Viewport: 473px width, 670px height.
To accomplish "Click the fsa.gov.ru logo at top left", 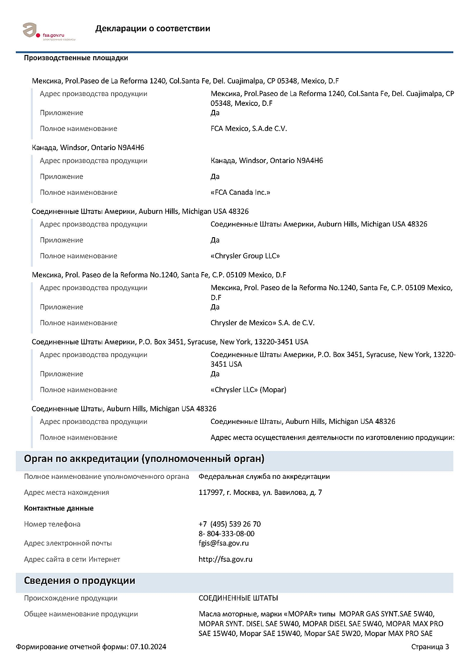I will [48, 31].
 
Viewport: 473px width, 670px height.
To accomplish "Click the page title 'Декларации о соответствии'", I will [153, 29].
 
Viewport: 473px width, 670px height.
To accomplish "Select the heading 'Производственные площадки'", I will [76, 58].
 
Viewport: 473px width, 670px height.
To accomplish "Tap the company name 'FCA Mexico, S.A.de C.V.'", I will [249, 129].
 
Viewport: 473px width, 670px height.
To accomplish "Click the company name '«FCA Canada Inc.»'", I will [240, 193].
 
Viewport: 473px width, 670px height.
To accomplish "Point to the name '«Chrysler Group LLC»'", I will [245, 256].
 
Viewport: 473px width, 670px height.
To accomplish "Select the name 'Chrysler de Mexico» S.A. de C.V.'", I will [262, 323].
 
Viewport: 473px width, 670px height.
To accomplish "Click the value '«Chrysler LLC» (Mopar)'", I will [248, 390].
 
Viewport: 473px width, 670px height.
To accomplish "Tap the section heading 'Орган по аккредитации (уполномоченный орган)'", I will [144, 459].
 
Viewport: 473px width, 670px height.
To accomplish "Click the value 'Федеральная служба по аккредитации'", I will [264, 477].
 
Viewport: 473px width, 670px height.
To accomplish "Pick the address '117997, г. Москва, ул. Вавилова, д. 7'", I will [260, 493].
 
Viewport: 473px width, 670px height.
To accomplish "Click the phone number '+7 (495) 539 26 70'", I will [229, 524].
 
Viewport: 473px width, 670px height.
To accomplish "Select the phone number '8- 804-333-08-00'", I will [226, 534].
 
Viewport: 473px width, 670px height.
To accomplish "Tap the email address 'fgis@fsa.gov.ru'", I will [224, 544].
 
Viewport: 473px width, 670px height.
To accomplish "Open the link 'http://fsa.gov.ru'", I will [225, 559].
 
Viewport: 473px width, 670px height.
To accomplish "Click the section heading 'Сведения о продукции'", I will [79, 581].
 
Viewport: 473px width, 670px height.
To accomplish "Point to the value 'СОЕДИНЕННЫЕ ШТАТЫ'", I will [238, 598].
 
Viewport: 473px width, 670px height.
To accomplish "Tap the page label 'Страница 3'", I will [430, 647].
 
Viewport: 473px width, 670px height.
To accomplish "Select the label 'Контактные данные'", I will [58, 508].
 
